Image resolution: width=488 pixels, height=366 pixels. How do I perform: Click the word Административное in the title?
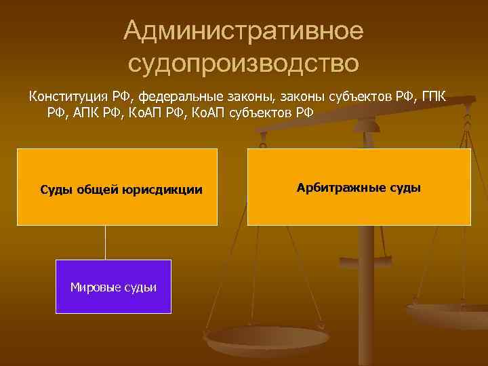pos(244,30)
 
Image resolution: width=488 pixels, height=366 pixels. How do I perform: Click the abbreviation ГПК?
pos(429,96)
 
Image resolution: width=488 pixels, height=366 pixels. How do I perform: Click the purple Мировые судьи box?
pos(113,302)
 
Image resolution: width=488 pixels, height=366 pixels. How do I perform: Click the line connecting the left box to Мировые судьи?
pos(105,242)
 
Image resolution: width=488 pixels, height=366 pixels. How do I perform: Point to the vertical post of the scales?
pos(365,285)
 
